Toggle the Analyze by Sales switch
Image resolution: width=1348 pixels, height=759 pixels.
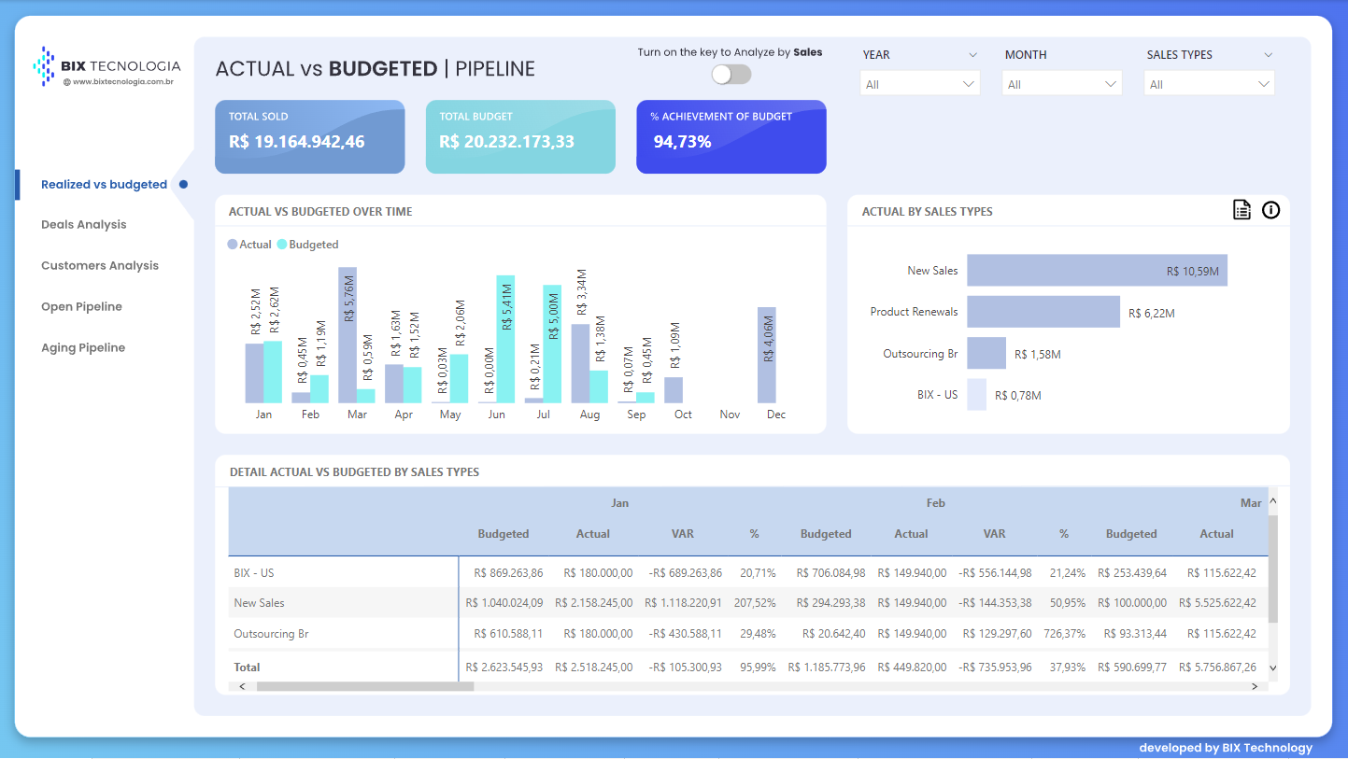pyautogui.click(x=731, y=74)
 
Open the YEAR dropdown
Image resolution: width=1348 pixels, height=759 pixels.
pyautogui.click(x=919, y=84)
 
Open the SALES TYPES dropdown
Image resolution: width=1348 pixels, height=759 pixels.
pyautogui.click(x=1209, y=84)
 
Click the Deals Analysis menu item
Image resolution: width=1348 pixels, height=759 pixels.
pyautogui.click(x=84, y=225)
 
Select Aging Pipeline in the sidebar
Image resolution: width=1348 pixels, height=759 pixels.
pyautogui.click(x=83, y=348)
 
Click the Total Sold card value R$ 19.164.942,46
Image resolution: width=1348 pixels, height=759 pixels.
pyautogui.click(x=297, y=142)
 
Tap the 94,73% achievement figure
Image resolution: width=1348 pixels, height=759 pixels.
pyautogui.click(x=682, y=142)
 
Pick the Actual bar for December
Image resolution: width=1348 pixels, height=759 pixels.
pyautogui.click(x=767, y=355)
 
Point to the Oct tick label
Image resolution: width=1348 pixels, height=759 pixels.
pyautogui.click(x=683, y=415)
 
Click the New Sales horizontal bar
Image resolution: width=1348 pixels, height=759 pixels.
pyautogui.click(x=1097, y=271)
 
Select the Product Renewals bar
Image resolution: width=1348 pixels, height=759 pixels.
pyautogui.click(x=1043, y=312)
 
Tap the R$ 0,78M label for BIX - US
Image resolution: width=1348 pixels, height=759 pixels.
pyautogui.click(x=1018, y=396)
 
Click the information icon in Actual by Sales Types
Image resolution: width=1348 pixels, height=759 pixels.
pyautogui.click(x=1270, y=210)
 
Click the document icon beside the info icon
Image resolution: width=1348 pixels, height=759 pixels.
pyautogui.click(x=1242, y=210)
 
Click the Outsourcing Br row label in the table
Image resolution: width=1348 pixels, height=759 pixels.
pyautogui.click(x=271, y=634)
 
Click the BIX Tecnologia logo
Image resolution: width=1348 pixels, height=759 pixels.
pyautogui.click(x=106, y=67)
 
